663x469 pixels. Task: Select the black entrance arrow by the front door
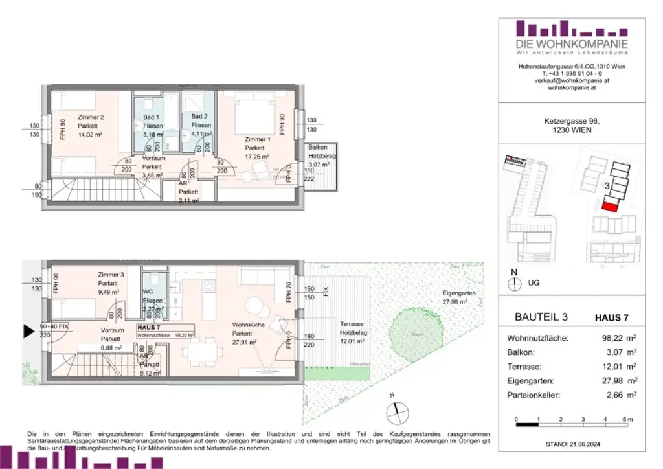click(29, 332)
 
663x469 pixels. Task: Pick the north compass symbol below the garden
click(398, 409)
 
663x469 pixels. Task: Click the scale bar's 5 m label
click(627, 420)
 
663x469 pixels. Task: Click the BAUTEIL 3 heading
click(541, 317)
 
